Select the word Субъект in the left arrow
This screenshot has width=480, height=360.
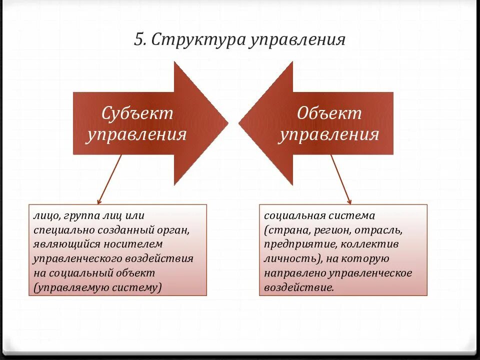(137, 113)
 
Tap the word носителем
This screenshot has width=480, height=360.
(133, 244)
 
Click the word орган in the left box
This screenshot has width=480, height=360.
(176, 230)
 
